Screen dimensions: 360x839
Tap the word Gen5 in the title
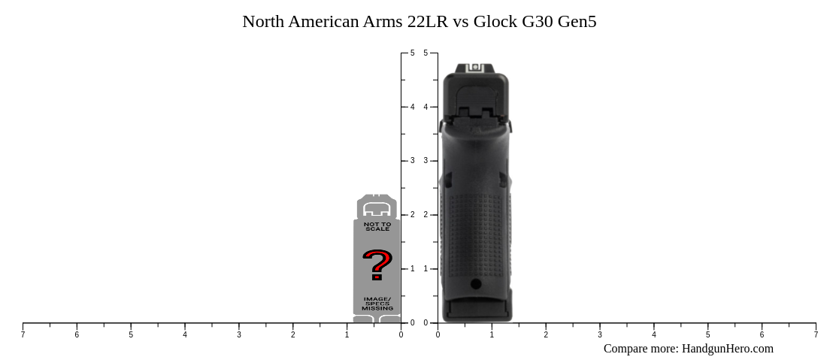577,21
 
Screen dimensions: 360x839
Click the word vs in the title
460,21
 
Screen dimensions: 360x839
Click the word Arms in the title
383,21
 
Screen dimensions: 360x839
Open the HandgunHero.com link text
727,348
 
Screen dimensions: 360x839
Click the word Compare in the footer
628,348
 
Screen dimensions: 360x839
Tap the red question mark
377,265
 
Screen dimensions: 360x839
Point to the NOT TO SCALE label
377,226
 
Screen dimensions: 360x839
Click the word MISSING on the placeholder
377,308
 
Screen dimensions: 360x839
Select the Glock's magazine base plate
477,312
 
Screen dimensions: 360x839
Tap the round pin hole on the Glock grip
476,283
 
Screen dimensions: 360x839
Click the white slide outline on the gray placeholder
377,209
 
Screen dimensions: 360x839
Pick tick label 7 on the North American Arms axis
23,334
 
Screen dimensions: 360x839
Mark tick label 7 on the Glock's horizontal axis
816,334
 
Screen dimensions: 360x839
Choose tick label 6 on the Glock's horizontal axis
762,334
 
